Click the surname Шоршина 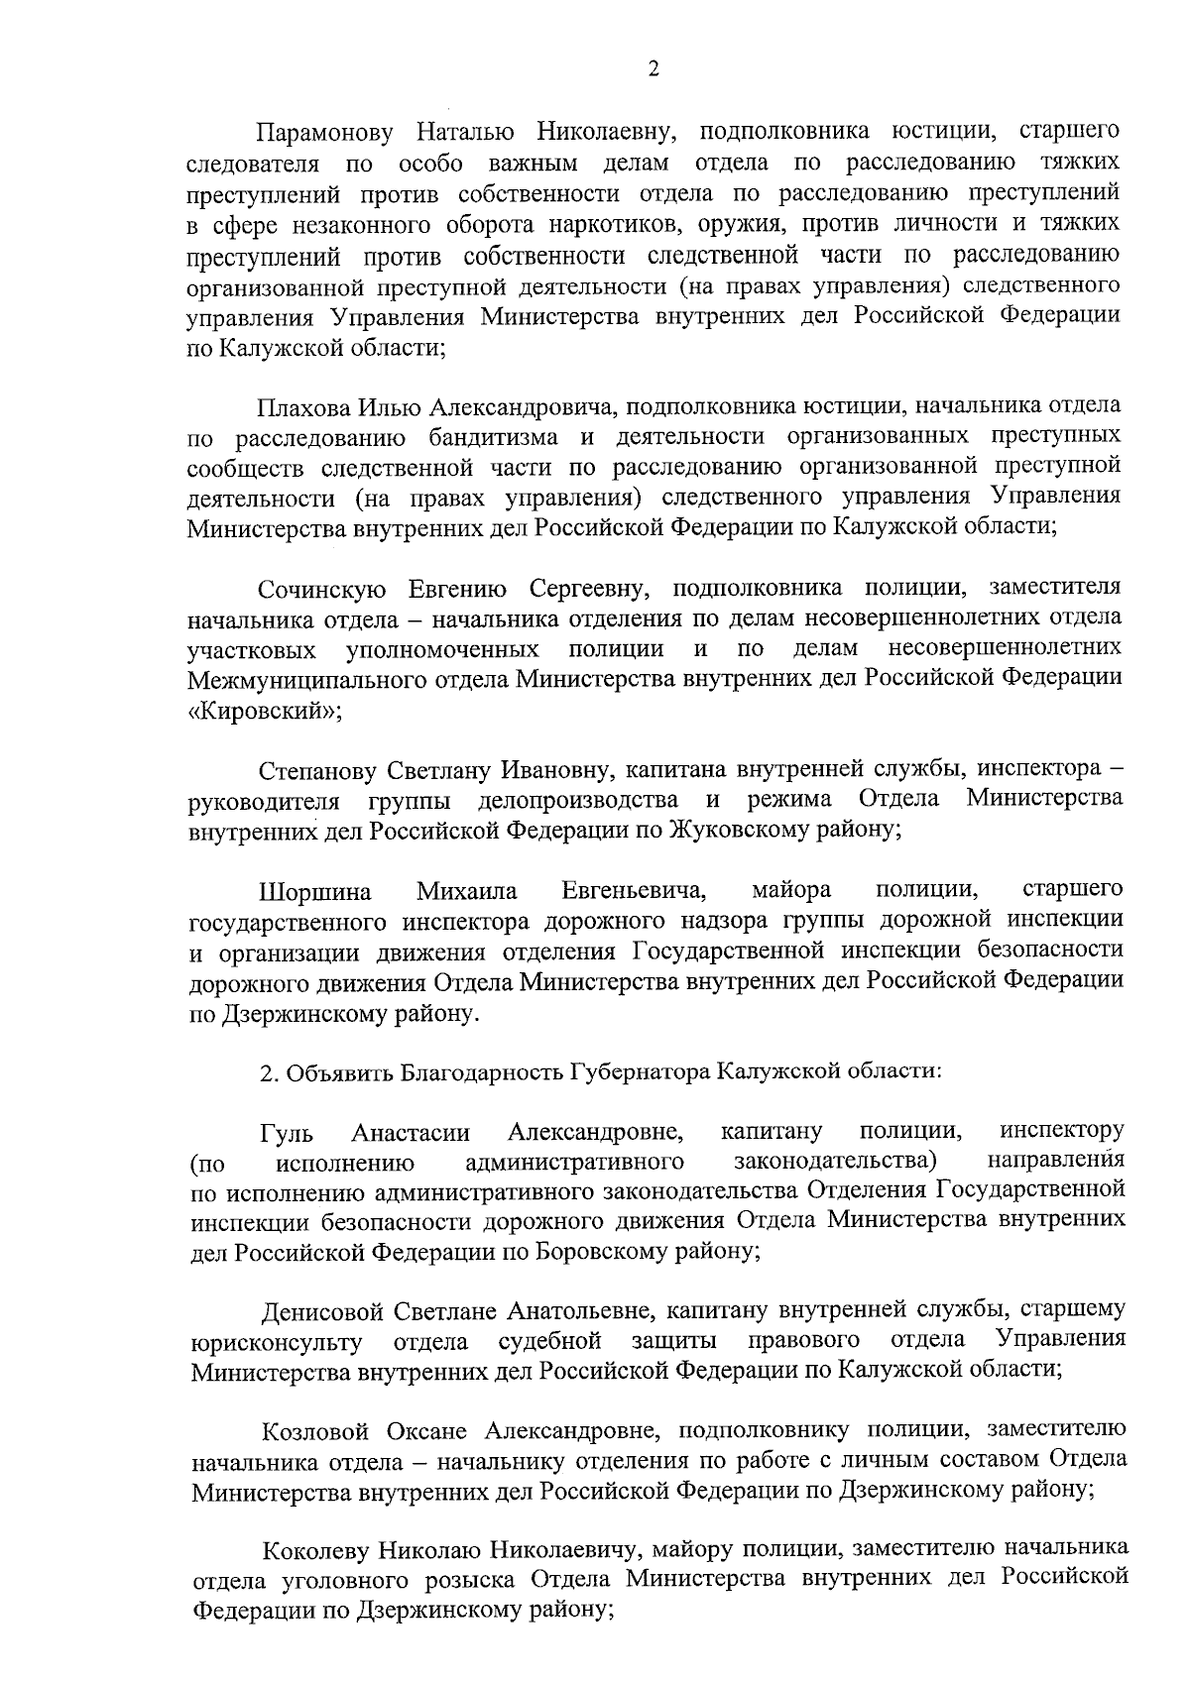coord(315,892)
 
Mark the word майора coord(791,891)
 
